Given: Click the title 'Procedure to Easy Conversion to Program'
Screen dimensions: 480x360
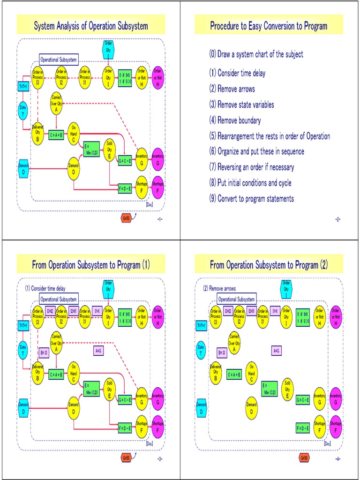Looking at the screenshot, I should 269,26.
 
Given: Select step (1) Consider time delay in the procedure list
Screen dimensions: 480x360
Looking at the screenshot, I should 237,73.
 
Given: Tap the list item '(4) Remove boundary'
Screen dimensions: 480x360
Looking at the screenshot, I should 235,120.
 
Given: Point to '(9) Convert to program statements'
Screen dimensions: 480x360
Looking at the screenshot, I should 252,199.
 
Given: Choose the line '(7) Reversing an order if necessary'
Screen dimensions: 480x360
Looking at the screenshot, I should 252,167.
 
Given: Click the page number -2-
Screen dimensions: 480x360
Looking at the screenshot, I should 337,220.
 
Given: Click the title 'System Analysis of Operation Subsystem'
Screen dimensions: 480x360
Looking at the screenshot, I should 91,26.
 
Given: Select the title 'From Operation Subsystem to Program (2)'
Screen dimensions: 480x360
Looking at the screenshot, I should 269,265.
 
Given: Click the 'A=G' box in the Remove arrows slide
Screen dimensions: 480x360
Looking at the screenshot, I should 276,350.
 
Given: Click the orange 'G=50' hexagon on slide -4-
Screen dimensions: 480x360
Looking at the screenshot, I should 304,457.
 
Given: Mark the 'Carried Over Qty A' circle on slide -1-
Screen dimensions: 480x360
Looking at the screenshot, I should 56,102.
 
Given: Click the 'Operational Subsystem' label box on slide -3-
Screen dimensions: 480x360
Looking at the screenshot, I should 59,299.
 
